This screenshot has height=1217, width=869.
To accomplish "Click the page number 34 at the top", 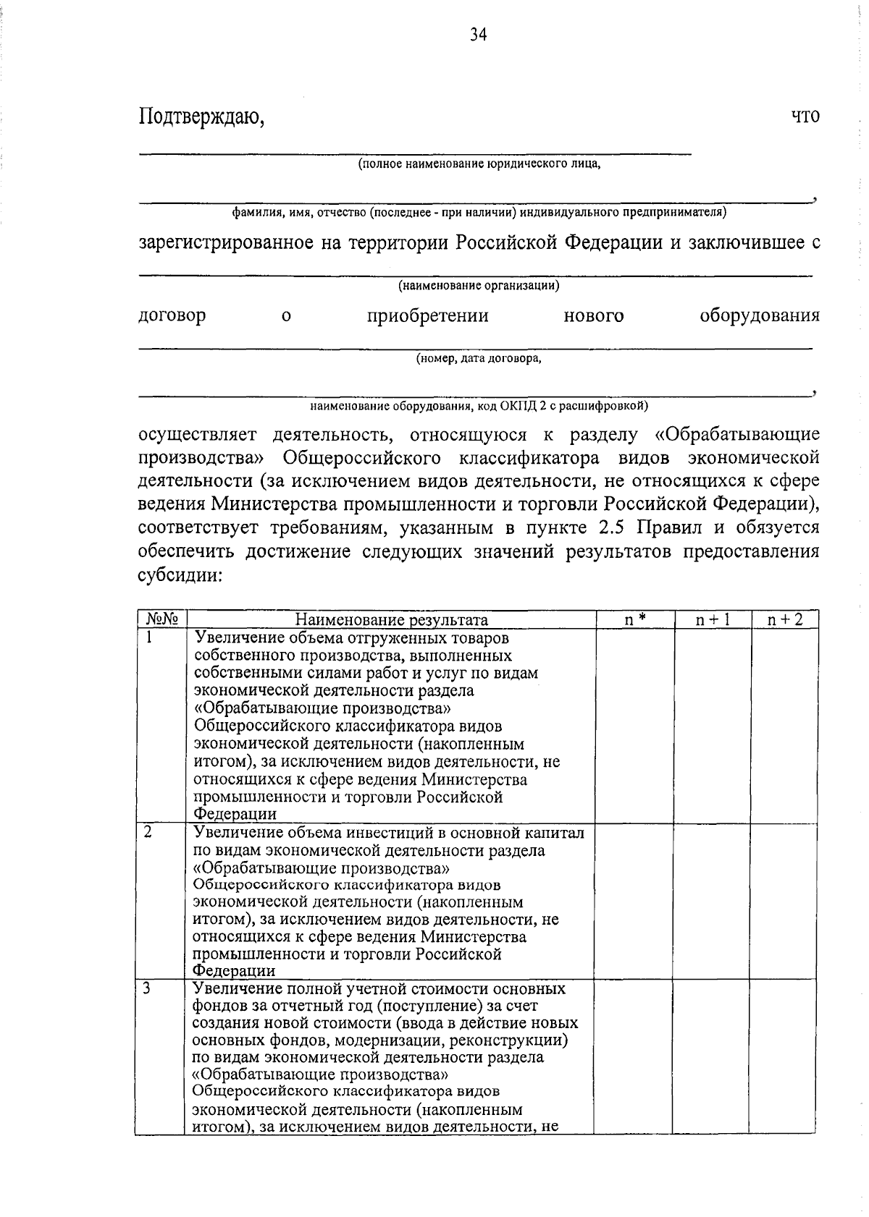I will pos(478,35).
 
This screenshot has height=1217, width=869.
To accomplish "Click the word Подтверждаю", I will pos(201,116).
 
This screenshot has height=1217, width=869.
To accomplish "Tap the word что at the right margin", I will pos(805,116).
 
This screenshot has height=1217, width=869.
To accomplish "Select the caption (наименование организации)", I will pos(479,286).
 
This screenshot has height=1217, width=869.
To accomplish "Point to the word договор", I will pos(172,316).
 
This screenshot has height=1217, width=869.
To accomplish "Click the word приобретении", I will pos(427,316).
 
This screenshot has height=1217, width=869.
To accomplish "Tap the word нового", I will pos(594,316).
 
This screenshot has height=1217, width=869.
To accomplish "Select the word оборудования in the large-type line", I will pos(760,316).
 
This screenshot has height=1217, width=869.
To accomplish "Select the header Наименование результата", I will pos(392,620).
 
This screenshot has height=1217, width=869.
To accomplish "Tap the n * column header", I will pos(635,620).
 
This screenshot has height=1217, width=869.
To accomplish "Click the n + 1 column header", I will pos(713,620).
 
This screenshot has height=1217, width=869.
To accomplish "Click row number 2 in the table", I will pos(148,832).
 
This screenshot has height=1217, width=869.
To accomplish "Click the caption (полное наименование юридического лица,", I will pos(479,164).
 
